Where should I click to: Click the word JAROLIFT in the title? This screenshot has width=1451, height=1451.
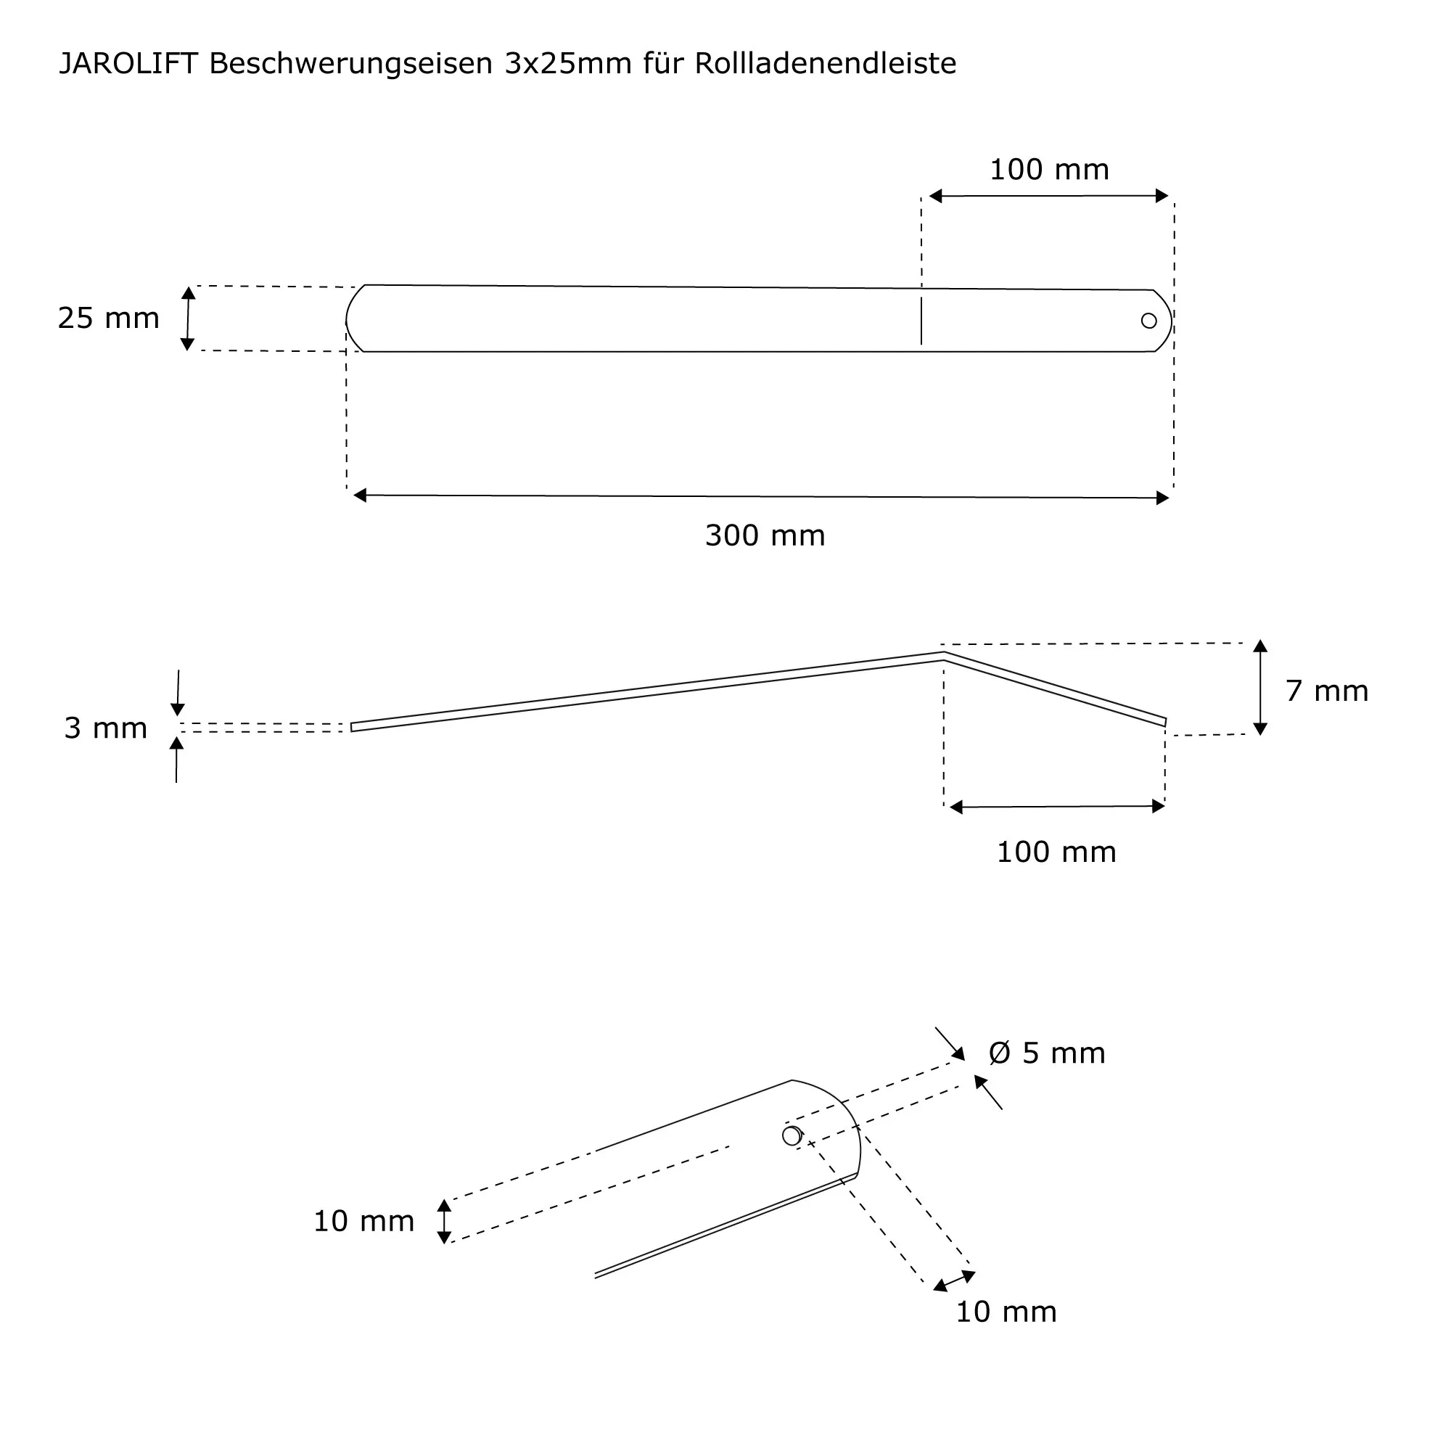[128, 64]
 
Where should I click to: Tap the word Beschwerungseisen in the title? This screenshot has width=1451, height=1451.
[350, 64]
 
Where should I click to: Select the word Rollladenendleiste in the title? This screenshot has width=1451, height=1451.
[826, 64]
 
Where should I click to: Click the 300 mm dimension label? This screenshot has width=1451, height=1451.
[765, 535]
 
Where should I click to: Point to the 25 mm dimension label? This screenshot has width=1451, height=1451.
[109, 318]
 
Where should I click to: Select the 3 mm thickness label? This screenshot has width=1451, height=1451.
[105, 728]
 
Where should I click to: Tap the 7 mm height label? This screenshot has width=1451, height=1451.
[1326, 691]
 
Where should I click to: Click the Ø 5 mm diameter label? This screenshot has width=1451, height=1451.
[1047, 1053]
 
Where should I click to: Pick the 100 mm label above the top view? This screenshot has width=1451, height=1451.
[1048, 170]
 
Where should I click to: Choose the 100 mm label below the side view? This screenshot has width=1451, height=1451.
[1056, 852]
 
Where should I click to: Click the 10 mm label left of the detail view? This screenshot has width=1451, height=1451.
[363, 1221]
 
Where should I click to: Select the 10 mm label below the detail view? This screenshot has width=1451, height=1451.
[1006, 1311]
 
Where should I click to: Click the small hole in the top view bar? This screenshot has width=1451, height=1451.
[1148, 321]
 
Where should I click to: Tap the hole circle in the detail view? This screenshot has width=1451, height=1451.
[792, 1135]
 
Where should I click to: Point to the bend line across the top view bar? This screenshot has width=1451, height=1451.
[921, 321]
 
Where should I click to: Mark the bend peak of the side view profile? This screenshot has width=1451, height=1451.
[943, 655]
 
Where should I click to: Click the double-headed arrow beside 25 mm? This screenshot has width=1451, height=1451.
[188, 318]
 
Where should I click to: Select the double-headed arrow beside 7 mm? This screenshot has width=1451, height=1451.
[1260, 687]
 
